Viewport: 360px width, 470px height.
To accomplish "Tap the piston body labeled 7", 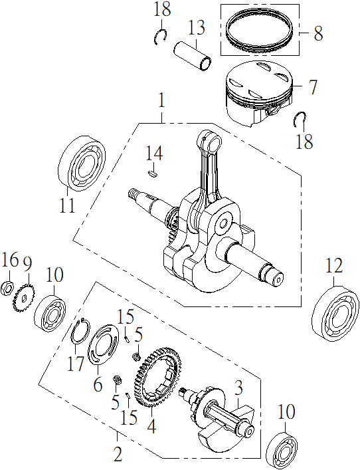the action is pos(259,94).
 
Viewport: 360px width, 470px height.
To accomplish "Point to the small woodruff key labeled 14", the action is pos(153,174).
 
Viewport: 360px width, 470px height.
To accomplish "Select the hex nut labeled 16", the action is pos(7,288).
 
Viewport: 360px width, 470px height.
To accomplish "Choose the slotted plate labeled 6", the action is pos(102,344).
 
